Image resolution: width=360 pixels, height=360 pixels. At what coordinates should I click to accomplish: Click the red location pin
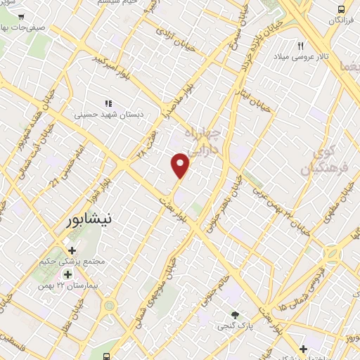pos(181,165)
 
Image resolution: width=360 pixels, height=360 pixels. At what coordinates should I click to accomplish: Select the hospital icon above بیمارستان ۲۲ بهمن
pos(67,274)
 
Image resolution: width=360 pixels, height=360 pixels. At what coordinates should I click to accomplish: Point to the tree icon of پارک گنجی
pos(235,315)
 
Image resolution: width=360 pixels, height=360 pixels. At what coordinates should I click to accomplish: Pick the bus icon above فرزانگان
pos(341,9)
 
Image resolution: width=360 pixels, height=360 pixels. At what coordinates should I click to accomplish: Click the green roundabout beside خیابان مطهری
pos(332,253)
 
